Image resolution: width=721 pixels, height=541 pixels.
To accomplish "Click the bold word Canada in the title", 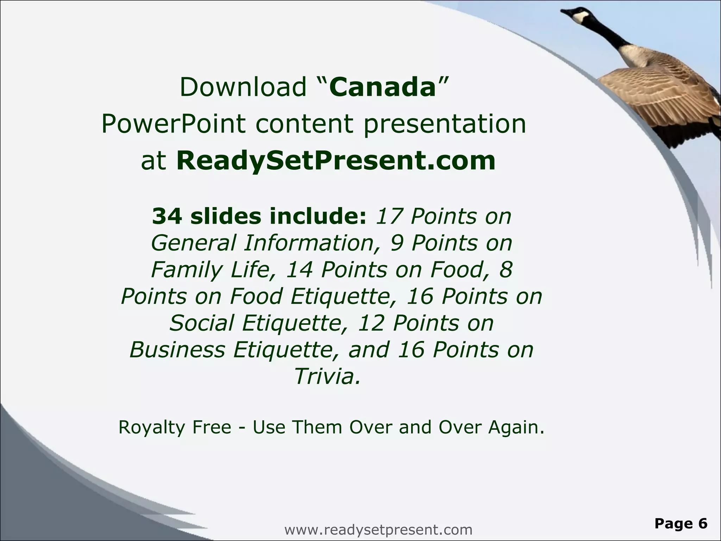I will point(383,87).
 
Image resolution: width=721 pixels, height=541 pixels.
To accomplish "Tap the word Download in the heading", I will point(243,87).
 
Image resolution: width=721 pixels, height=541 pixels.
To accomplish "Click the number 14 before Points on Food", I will point(299,270).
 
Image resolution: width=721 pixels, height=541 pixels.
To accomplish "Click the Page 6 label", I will point(681,523).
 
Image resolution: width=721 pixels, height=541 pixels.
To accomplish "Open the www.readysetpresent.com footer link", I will point(378,530).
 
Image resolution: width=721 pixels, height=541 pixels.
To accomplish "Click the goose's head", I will point(577,16).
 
